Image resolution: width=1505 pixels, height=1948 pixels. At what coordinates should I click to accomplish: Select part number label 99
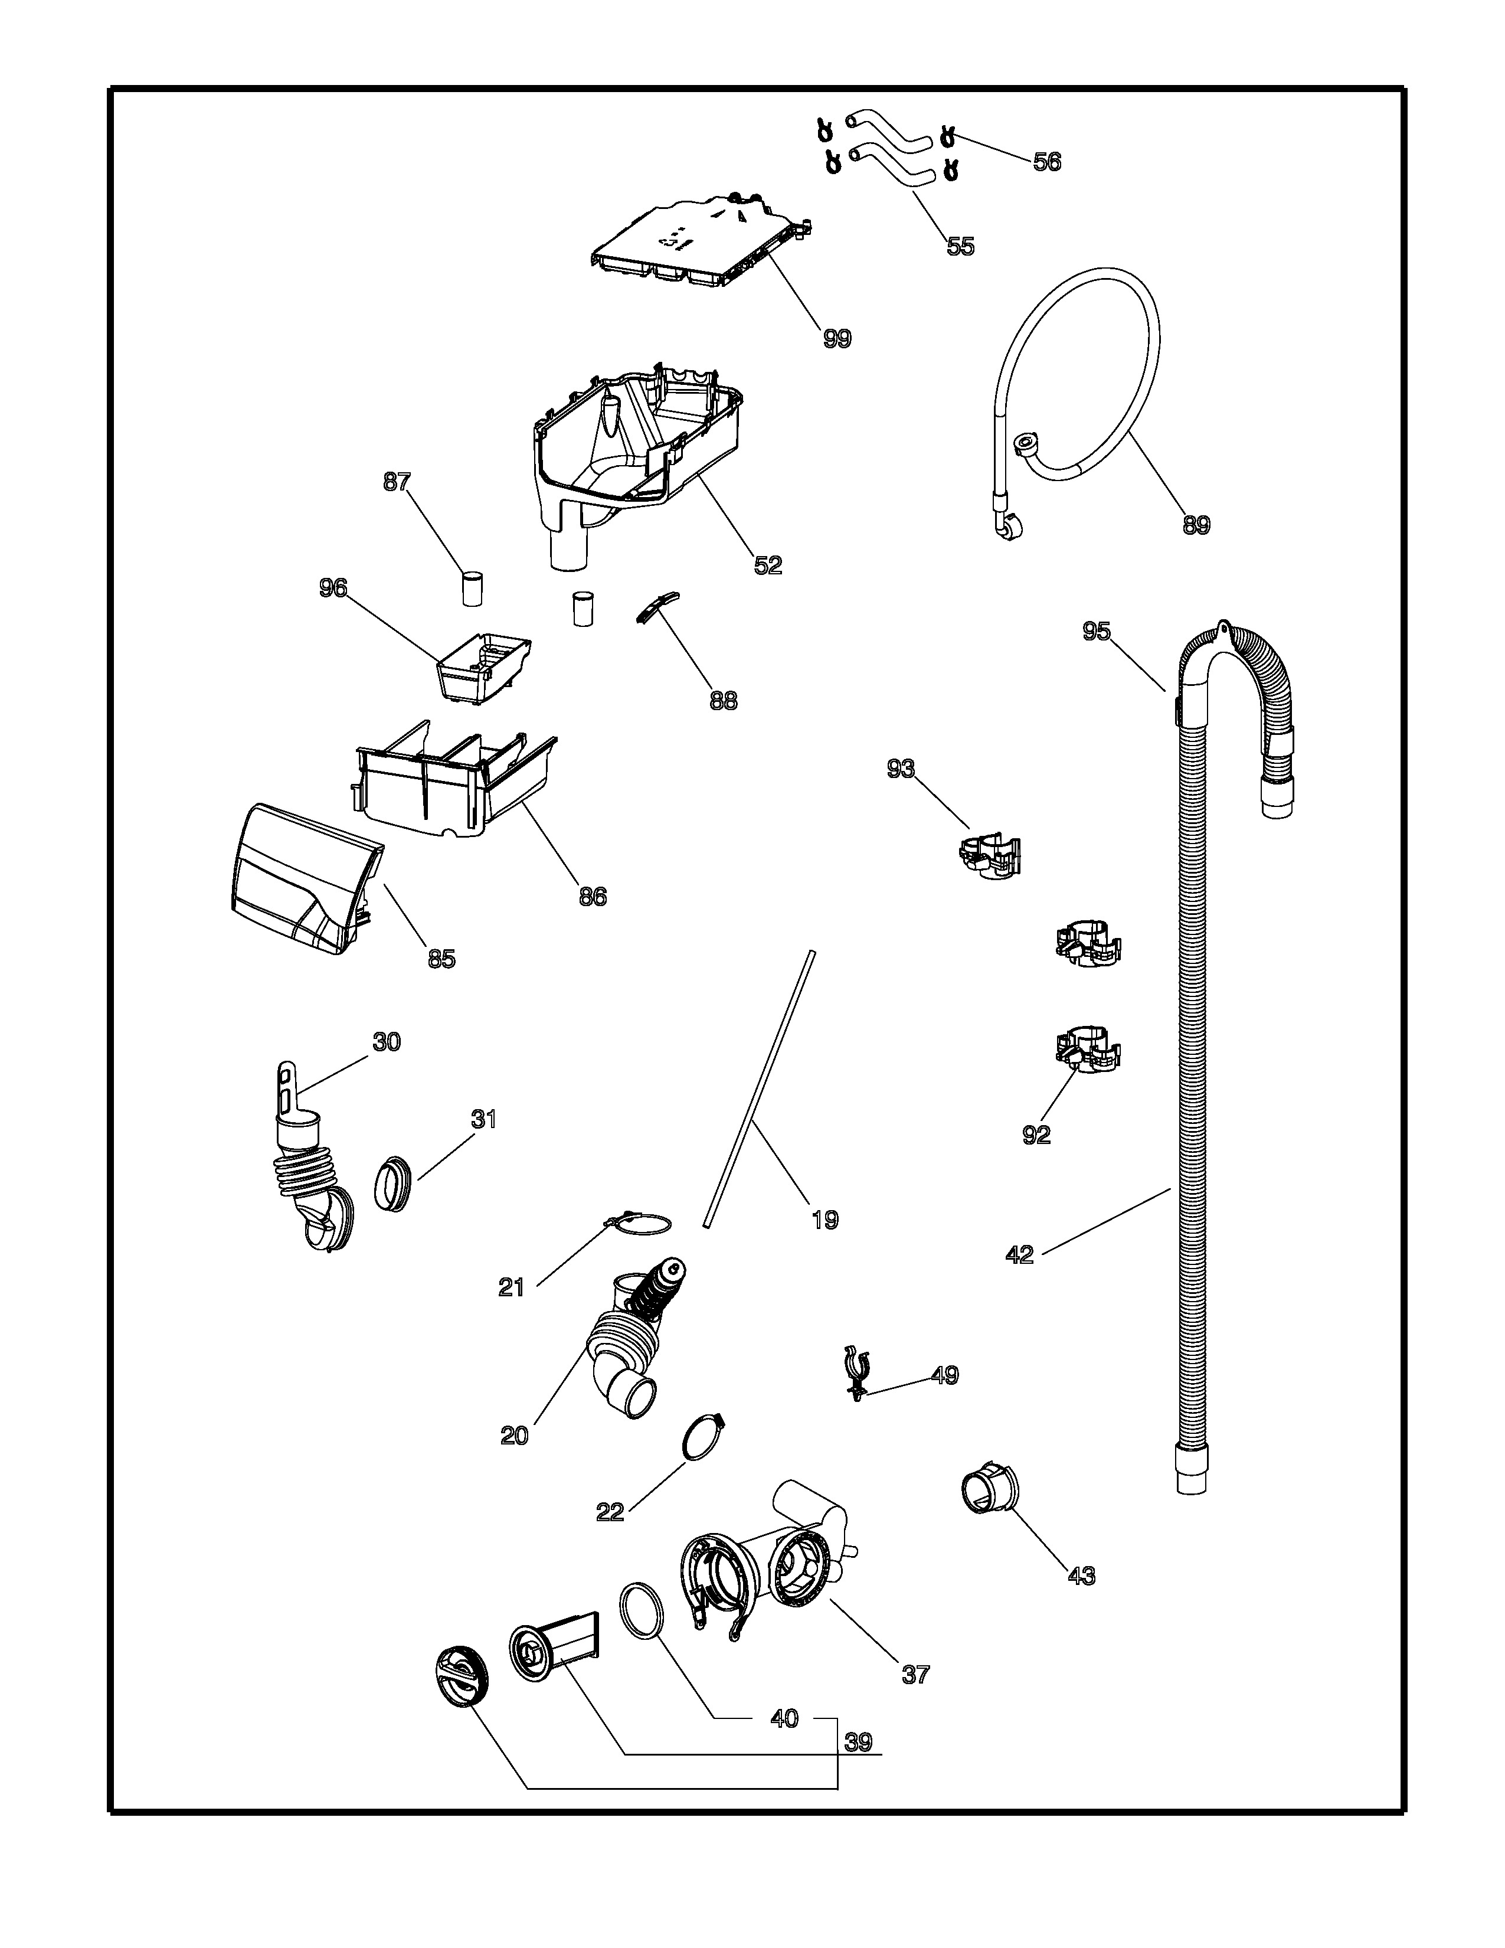(837, 338)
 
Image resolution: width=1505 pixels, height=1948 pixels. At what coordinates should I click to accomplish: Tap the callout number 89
(1196, 525)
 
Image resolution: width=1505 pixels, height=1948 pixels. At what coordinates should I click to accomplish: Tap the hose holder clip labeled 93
(990, 855)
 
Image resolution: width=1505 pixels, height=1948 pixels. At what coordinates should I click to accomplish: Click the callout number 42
(1019, 1255)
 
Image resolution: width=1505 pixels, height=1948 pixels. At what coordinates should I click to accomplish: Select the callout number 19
(825, 1220)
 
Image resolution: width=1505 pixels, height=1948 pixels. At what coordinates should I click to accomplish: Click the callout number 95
(1097, 630)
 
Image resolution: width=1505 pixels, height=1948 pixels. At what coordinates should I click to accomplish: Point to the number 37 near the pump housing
(915, 1674)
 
